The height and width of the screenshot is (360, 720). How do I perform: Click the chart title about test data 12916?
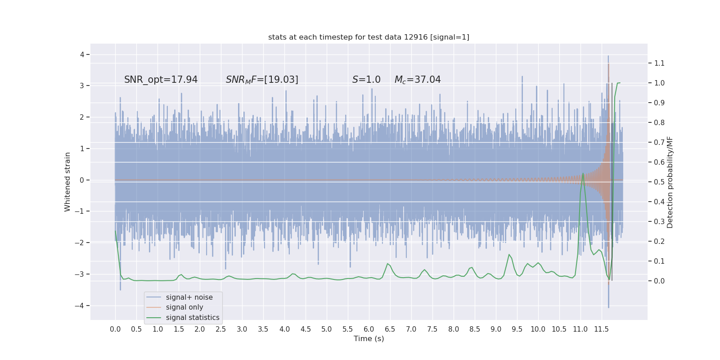[x=369, y=37]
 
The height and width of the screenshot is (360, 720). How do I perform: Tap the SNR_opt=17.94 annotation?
[x=161, y=80]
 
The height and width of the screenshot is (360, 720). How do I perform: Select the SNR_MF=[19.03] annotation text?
[x=262, y=80]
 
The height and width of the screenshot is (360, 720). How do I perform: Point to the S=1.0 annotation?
[x=366, y=80]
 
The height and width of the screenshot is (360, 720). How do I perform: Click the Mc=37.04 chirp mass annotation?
[x=418, y=80]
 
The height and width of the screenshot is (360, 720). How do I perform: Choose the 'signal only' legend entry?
[x=184, y=307]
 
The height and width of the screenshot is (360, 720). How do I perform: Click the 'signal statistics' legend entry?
[x=193, y=318]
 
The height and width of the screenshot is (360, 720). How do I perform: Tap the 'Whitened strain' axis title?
[x=67, y=182]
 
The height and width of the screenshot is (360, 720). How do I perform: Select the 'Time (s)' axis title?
[x=369, y=338]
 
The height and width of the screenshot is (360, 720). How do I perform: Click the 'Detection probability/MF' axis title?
[x=670, y=182]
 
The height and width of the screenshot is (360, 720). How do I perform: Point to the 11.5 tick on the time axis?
[x=601, y=329]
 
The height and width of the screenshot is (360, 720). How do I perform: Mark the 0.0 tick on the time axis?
[x=115, y=329]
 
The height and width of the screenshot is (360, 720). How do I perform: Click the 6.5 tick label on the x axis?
[x=390, y=329]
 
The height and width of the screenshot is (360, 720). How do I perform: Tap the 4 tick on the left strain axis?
[x=82, y=54]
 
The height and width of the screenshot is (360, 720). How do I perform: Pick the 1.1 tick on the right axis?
[x=659, y=63]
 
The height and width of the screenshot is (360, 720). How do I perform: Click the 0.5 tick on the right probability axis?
[x=659, y=182]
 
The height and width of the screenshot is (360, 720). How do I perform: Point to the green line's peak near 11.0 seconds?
[x=583, y=173]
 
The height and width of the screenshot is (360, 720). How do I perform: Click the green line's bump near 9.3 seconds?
[x=509, y=255]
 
